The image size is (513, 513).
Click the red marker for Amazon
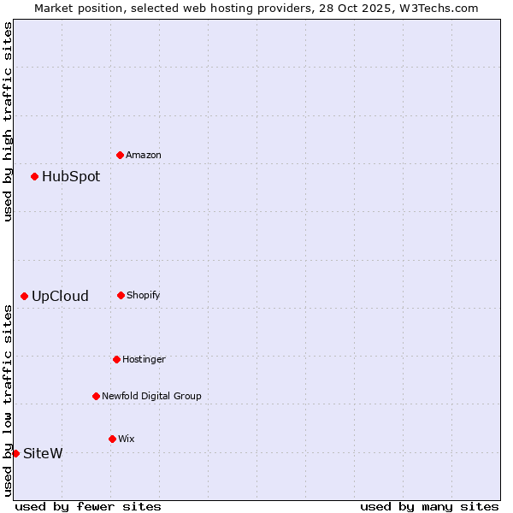(x=120, y=155)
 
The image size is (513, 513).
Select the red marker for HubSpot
(x=34, y=176)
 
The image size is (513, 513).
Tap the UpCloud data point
(x=24, y=296)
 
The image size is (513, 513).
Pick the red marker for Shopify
(x=121, y=295)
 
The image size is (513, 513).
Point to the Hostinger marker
(x=116, y=359)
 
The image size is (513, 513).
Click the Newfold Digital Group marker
(x=96, y=396)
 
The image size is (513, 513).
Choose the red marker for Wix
(x=112, y=439)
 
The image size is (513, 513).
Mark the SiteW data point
(x=15, y=453)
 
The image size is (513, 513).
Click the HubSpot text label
(x=71, y=177)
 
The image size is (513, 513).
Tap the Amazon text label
(x=144, y=156)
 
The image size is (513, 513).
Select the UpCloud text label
(x=60, y=297)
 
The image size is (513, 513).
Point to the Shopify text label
(x=144, y=296)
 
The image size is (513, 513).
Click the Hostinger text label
(x=144, y=360)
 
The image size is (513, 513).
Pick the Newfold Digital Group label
(x=151, y=397)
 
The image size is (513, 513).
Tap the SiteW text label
(x=43, y=454)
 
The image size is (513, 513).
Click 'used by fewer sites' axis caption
(x=88, y=506)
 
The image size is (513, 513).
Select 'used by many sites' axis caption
(x=429, y=506)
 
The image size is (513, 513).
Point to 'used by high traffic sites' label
(x=8, y=121)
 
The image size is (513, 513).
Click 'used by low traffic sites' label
(x=8, y=400)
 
